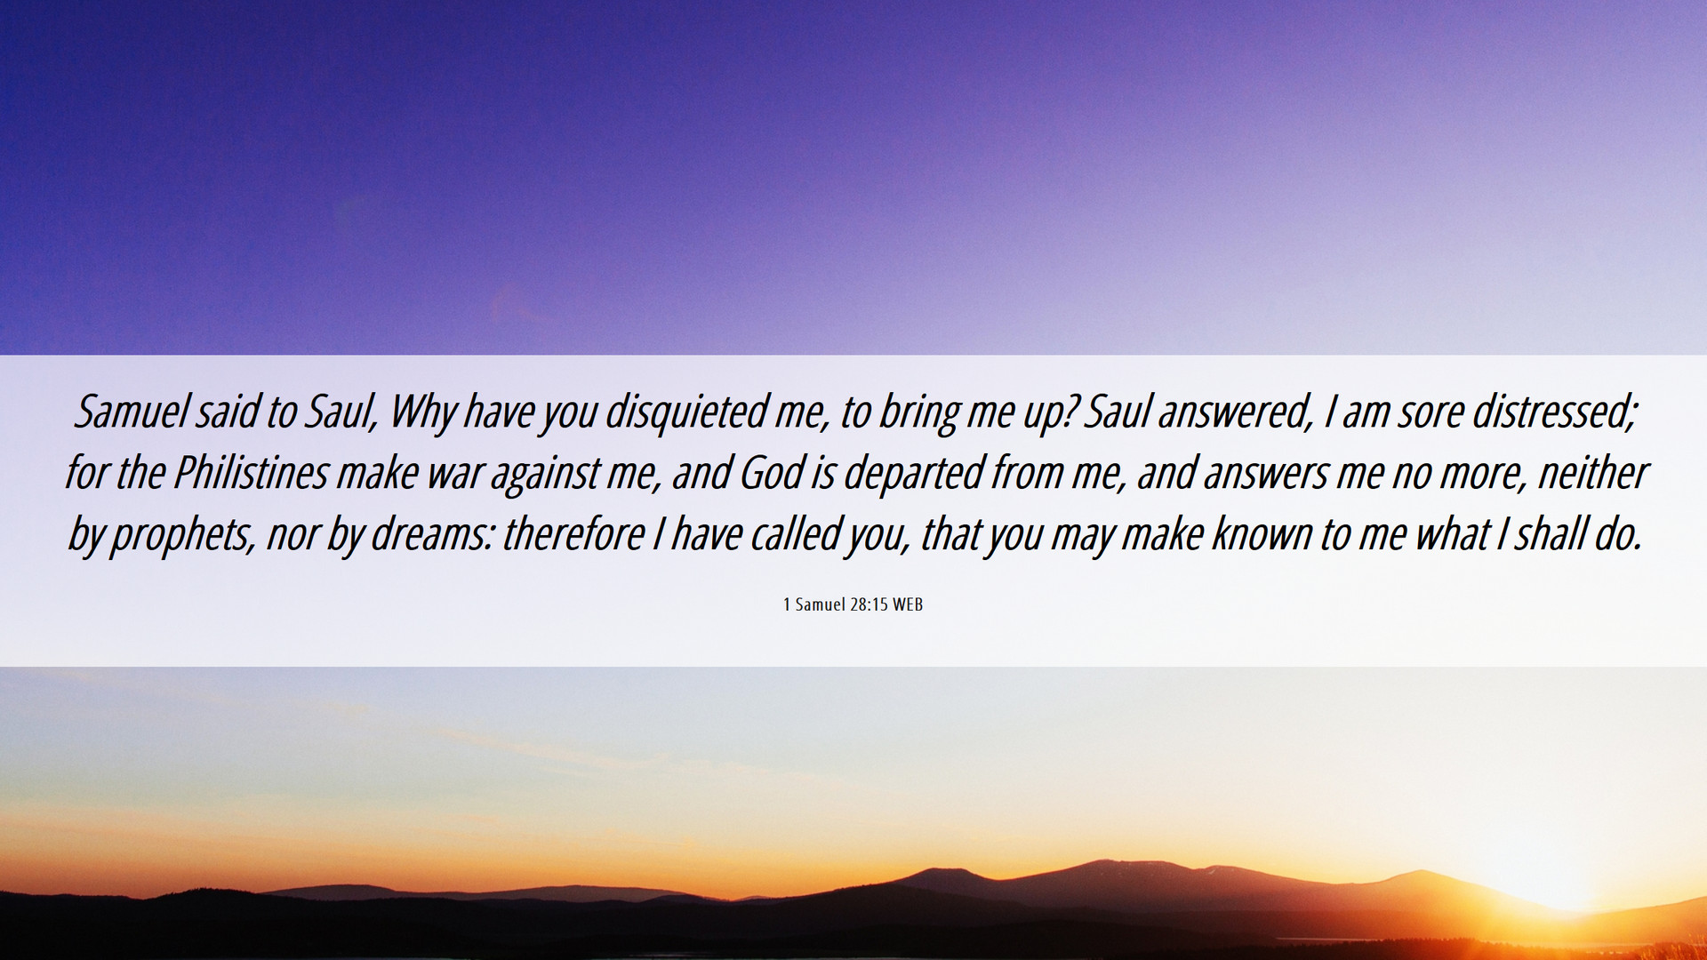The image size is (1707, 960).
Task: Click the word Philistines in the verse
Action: pyautogui.click(x=251, y=473)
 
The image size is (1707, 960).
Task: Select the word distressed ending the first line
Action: pyautogui.click(x=1554, y=412)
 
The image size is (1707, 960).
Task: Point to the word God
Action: pyautogui.click(x=772, y=473)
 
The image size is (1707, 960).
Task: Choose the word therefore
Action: pyautogui.click(x=573, y=534)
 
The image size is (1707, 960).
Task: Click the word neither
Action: pyautogui.click(x=1592, y=473)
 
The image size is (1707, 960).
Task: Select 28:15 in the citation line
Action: pyautogui.click(x=870, y=604)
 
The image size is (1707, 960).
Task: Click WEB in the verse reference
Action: pyautogui.click(x=908, y=604)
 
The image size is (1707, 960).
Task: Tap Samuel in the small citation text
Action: pyautogui.click(x=820, y=604)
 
